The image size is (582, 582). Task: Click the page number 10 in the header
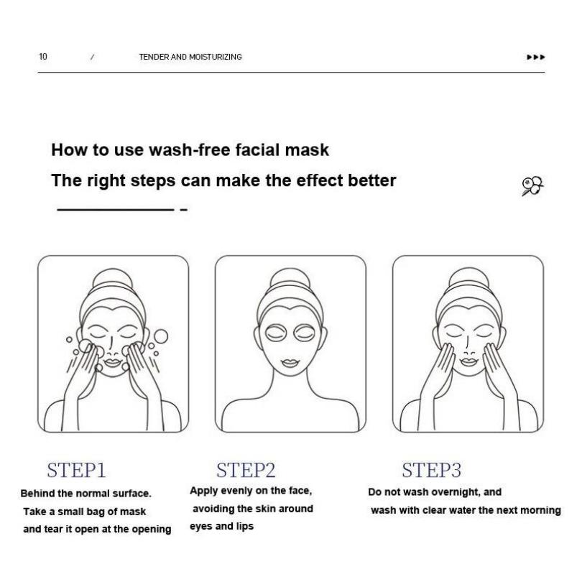(x=43, y=57)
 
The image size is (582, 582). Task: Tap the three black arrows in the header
(x=536, y=57)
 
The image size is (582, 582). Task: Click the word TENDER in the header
(x=153, y=57)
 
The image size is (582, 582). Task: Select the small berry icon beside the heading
(x=532, y=185)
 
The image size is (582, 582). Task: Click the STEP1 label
(x=76, y=471)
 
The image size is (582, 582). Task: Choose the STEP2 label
(x=246, y=471)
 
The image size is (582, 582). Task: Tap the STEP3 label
(x=431, y=471)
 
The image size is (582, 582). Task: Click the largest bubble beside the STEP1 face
(x=160, y=336)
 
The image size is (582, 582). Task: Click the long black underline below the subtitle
(x=115, y=209)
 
